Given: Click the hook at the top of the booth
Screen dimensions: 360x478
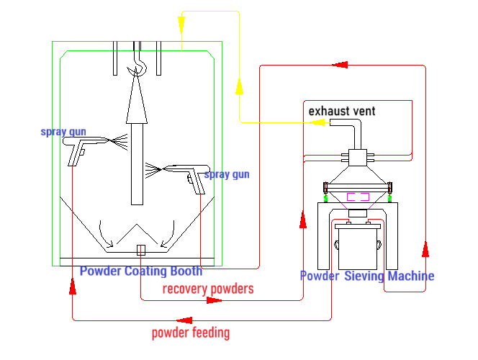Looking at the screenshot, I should coord(136,65).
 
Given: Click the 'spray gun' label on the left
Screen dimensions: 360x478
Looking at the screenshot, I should coord(63,132).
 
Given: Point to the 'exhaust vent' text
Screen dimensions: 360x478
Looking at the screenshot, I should coord(341,111).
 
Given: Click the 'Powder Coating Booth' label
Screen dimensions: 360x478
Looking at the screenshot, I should coord(140,271).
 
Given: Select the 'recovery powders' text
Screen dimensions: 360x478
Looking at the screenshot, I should coord(208,289).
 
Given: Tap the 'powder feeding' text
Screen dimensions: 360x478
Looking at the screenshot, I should coord(191,333).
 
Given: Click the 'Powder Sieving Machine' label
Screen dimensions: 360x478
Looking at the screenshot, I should coord(366,276).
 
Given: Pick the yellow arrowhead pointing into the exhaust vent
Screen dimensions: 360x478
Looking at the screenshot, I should coord(317,122).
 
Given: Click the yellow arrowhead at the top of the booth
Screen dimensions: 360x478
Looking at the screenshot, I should coord(181,22).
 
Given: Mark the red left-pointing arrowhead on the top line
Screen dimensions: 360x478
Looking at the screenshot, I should coord(341,66).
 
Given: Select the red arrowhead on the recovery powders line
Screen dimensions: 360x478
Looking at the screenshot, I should coord(214,300).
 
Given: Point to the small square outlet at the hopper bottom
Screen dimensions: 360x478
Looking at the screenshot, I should coord(141,250).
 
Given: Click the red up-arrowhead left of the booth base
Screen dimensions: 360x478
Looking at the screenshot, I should coord(73,287).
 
